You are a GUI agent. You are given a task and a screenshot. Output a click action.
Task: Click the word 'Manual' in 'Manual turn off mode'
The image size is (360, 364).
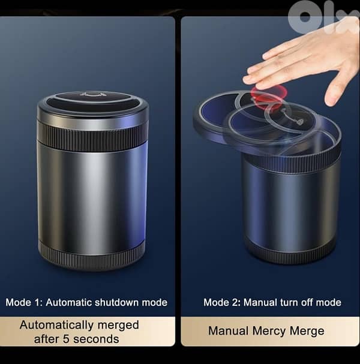(259, 302)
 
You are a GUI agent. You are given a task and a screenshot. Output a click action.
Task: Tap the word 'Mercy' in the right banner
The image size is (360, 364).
(268, 330)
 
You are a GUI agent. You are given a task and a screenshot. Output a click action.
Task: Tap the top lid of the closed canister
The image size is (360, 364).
(92, 103)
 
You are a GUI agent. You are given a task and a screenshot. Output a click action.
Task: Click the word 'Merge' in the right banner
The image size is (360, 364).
(308, 330)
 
